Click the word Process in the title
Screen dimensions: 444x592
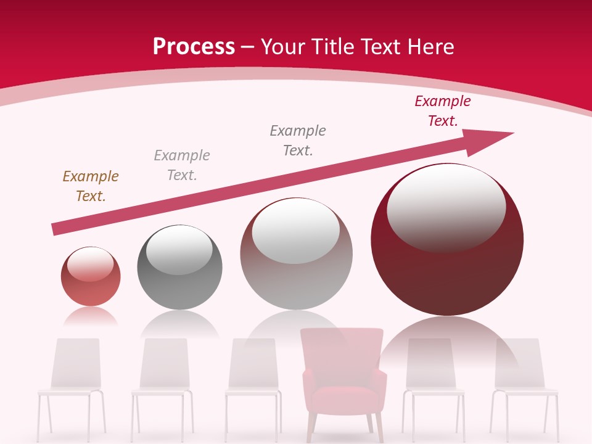pos(194,47)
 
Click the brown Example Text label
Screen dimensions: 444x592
pos(91,186)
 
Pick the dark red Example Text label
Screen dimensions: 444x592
pos(443,111)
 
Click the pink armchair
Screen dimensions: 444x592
pos(342,376)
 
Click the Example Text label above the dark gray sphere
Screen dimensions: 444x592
pos(182,165)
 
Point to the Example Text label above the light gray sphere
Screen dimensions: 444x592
pos(298,141)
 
